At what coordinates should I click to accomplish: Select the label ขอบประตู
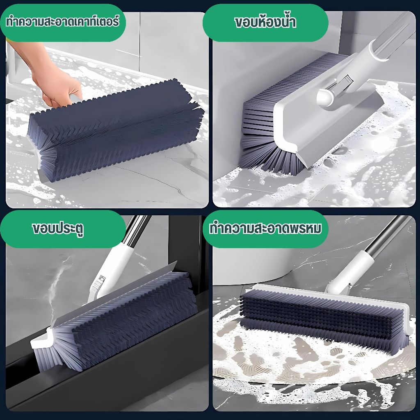coord(58,229)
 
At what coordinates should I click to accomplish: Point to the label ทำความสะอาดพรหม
coord(265,228)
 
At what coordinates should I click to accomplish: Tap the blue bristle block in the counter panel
coord(115,128)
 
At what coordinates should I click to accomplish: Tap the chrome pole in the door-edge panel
coord(137,231)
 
